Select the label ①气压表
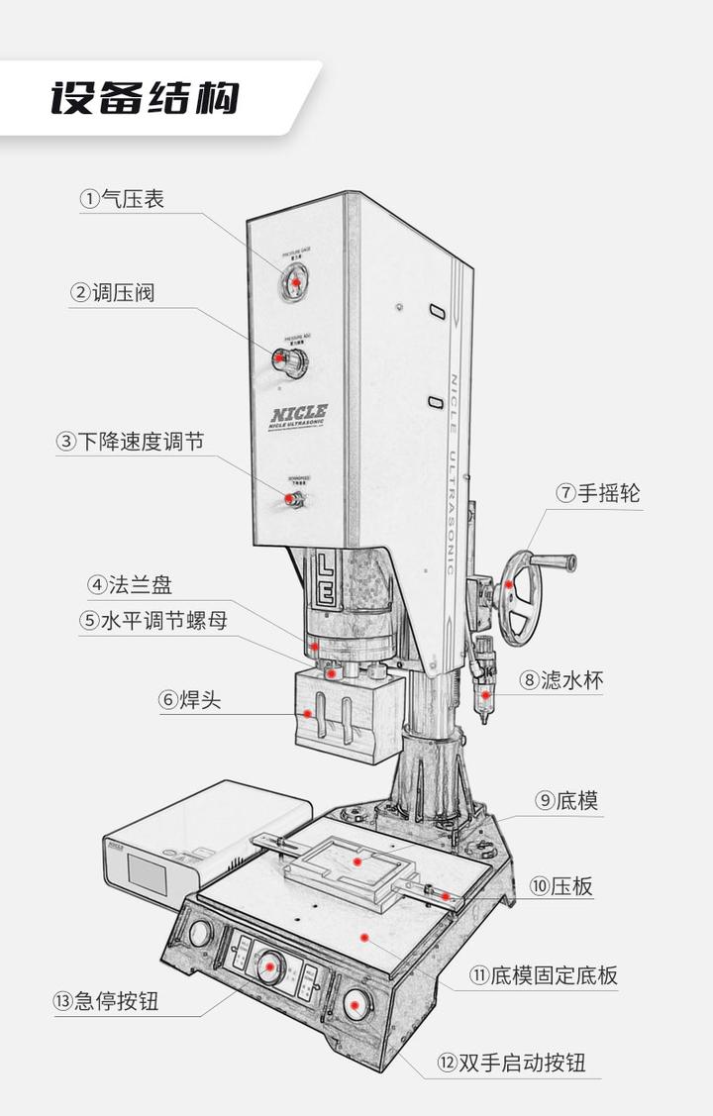click(x=123, y=199)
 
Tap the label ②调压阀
click(x=112, y=293)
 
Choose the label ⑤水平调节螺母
click(x=153, y=622)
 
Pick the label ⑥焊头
click(x=189, y=700)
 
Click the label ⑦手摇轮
click(x=597, y=492)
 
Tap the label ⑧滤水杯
click(x=561, y=680)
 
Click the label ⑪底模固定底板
click(x=543, y=975)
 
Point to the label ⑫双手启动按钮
click(x=511, y=1064)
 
